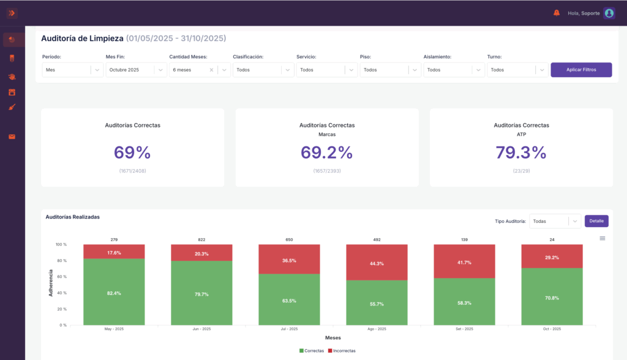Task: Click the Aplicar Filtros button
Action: point(581,70)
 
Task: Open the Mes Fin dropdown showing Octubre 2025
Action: point(136,70)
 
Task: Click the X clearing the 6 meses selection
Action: point(211,70)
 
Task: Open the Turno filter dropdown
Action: point(517,70)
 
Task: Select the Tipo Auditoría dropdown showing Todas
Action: point(555,221)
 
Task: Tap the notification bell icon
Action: point(556,13)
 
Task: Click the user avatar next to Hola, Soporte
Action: point(609,13)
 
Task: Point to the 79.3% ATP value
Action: point(521,152)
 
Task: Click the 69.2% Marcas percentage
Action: point(327,152)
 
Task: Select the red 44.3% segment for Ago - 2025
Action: point(377,263)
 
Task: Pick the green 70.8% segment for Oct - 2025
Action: point(552,296)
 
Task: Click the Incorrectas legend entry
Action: point(342,351)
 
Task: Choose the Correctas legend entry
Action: point(312,351)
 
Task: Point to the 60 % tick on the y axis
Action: point(62,277)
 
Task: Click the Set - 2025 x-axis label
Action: point(464,329)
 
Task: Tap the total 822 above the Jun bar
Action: point(201,239)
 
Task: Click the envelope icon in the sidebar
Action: point(12,137)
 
